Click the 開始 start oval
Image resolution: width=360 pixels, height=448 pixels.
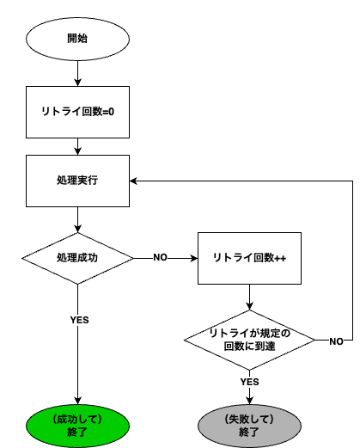pyautogui.click(x=77, y=39)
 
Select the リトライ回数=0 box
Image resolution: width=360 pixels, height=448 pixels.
pyautogui.click(x=77, y=112)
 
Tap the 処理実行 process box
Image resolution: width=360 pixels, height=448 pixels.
pyautogui.click(x=77, y=181)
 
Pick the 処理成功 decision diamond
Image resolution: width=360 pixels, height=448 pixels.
pyautogui.click(x=77, y=258)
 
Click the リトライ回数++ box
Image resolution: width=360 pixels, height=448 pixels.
pyautogui.click(x=249, y=258)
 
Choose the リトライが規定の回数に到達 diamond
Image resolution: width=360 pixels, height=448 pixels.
pyautogui.click(x=249, y=340)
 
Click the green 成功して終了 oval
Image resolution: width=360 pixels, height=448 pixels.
pyautogui.click(x=77, y=426)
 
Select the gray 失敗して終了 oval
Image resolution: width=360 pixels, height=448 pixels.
pyautogui.click(x=249, y=426)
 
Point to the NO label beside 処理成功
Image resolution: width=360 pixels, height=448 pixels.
pyautogui.click(x=160, y=257)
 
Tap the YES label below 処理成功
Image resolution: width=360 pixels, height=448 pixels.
pyautogui.click(x=79, y=320)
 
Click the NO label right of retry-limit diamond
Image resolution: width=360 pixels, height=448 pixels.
pyautogui.click(x=336, y=341)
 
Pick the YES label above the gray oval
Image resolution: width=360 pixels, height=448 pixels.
pyautogui.click(x=249, y=382)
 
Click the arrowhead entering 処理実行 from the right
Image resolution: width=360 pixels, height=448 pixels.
pyautogui.click(x=133, y=181)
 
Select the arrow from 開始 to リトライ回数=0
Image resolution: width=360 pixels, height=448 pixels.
pyautogui.click(x=77, y=73)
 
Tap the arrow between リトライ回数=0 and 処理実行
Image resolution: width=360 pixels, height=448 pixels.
pyautogui.click(x=77, y=146)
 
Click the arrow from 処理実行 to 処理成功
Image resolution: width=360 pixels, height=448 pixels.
pyautogui.click(x=77, y=219)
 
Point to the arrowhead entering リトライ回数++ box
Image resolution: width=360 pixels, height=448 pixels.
pyautogui.click(x=194, y=258)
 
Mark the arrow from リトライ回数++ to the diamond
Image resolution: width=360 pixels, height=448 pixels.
pyautogui.click(x=249, y=298)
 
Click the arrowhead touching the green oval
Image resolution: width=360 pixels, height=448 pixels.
pyautogui.click(x=77, y=401)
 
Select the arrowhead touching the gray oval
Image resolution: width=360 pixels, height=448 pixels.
pyautogui.click(x=249, y=401)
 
